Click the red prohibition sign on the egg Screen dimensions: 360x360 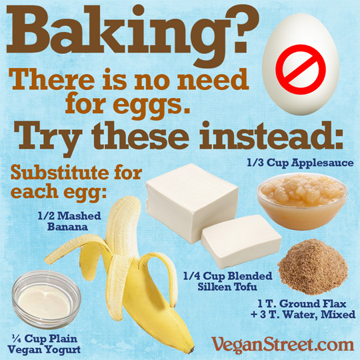coord(301,69)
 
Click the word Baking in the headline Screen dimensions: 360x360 coord(110,35)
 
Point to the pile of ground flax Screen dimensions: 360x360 coord(313,267)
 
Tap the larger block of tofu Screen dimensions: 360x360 coord(192,202)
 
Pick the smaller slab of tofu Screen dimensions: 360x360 coord(241,241)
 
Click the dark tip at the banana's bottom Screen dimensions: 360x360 coord(190,351)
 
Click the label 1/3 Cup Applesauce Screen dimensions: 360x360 coord(300,163)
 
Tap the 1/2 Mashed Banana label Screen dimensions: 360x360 coord(69,221)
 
